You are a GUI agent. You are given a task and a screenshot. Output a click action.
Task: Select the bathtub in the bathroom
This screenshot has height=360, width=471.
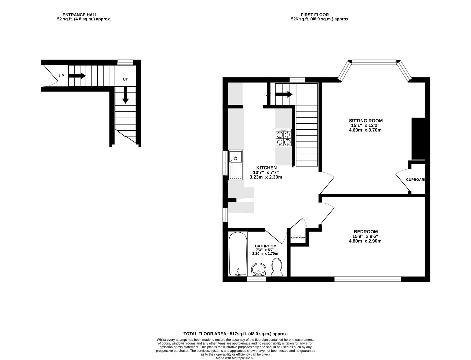[238, 254]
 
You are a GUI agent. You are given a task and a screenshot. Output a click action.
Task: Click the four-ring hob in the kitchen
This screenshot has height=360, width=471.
[283, 138]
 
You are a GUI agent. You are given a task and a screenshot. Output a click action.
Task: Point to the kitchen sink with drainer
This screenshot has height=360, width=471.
[235, 165]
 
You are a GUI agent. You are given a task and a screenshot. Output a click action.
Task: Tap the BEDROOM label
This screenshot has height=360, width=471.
[366, 232]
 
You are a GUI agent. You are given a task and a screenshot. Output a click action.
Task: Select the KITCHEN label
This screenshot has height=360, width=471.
[266, 168]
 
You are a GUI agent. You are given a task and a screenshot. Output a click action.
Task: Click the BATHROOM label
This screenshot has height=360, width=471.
[266, 246]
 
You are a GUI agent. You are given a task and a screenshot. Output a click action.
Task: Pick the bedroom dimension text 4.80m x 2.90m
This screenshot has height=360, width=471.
[365, 241]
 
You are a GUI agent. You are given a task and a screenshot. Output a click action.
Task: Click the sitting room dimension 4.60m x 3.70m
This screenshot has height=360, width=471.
[365, 130]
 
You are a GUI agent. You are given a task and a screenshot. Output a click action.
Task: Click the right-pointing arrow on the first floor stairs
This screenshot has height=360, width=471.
[284, 94]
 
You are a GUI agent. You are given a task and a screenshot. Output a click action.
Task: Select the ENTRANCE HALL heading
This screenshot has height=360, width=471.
[80, 15]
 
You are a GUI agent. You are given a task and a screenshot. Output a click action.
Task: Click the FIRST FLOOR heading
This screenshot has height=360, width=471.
[315, 15]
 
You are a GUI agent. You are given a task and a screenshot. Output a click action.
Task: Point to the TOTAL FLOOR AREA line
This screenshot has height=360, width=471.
[235, 334]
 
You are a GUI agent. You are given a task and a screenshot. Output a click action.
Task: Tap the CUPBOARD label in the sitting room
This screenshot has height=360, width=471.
[416, 180]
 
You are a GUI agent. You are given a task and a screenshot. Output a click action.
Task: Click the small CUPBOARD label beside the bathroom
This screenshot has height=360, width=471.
[298, 237]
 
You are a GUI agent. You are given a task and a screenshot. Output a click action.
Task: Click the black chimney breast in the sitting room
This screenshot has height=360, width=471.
[418, 139]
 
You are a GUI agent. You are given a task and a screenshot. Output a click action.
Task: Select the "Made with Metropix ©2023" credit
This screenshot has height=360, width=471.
[235, 358]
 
